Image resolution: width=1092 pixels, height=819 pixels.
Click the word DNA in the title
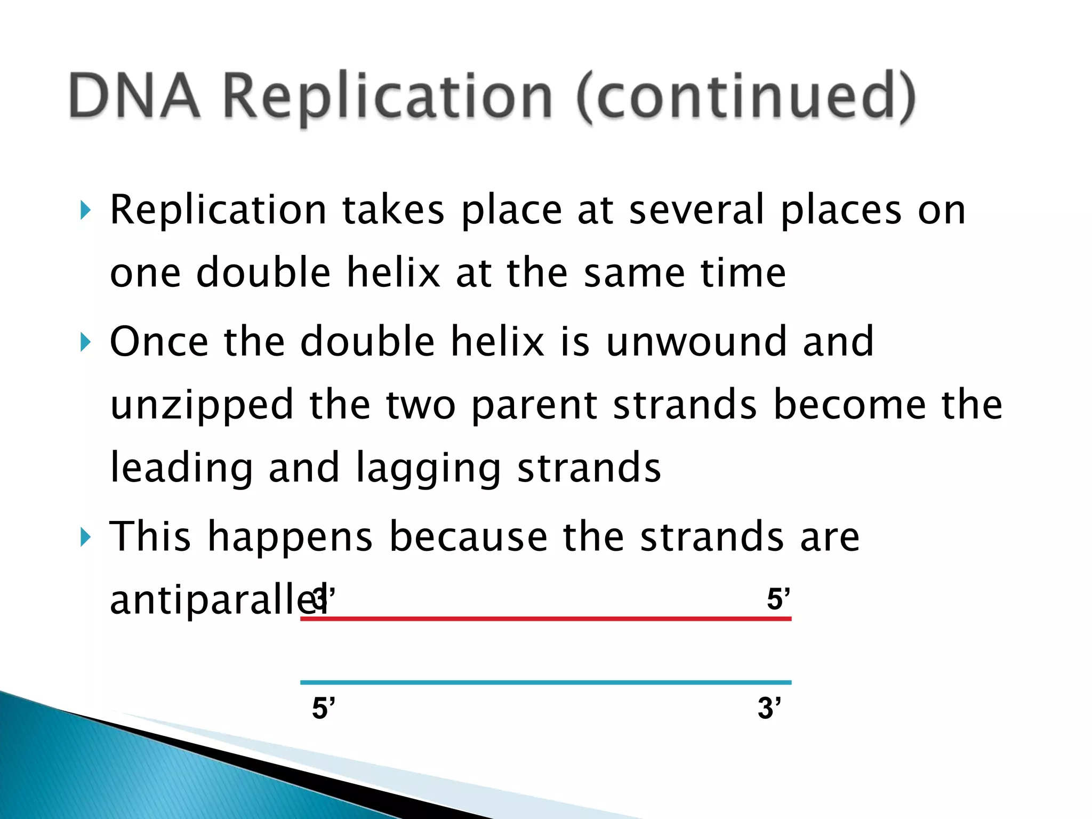pyautogui.click(x=135, y=97)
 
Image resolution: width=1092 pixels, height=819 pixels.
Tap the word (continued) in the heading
pyautogui.click(x=746, y=97)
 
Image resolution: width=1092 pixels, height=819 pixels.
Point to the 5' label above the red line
pyautogui.click(x=778, y=599)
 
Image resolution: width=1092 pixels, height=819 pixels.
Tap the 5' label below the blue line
pyautogui.click(x=324, y=709)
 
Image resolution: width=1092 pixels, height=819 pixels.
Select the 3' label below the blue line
pyautogui.click(x=769, y=709)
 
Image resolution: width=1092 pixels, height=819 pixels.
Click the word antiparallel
pyautogui.click(x=213, y=600)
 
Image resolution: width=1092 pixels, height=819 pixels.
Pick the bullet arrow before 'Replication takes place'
pyautogui.click(x=85, y=211)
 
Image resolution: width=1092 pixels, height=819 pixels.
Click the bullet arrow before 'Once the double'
pyautogui.click(x=85, y=342)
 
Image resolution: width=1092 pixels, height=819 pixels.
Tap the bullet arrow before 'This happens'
pyautogui.click(x=85, y=537)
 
